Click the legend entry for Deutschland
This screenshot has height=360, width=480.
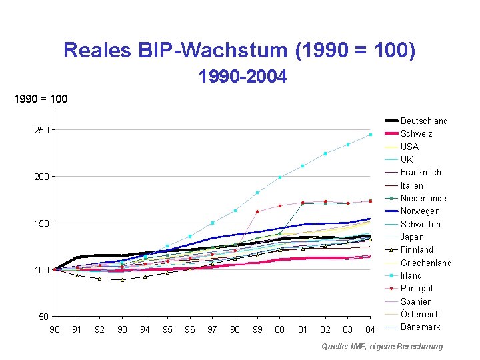click(x=424, y=121)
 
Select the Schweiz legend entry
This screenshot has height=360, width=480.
click(x=416, y=134)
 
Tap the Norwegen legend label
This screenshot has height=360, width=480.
click(x=420, y=211)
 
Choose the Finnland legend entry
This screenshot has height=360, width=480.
click(x=417, y=249)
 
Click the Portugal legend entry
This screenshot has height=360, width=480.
click(x=416, y=288)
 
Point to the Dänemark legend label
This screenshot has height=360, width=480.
click(x=420, y=327)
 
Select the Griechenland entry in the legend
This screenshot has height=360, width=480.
click(x=426, y=263)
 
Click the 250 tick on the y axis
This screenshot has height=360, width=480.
click(x=41, y=130)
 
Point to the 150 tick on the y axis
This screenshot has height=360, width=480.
click(x=41, y=223)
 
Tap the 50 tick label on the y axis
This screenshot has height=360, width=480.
click(x=43, y=317)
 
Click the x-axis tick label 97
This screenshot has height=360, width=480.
click(x=212, y=329)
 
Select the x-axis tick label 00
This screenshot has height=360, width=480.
click(x=280, y=329)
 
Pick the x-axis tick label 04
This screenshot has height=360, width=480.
click(x=370, y=329)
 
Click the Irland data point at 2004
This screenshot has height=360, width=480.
click(x=370, y=135)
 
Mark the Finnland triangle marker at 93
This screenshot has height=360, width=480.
click(x=122, y=280)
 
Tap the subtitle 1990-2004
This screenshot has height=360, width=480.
click(x=243, y=77)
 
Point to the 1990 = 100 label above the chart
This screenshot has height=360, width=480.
click(x=41, y=99)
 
